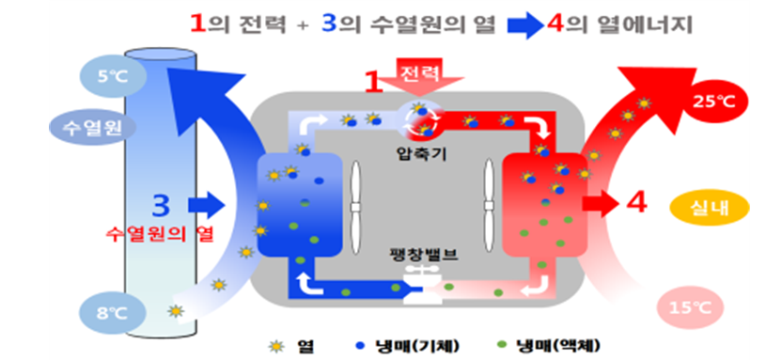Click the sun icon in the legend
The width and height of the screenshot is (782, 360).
tap(276, 345)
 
